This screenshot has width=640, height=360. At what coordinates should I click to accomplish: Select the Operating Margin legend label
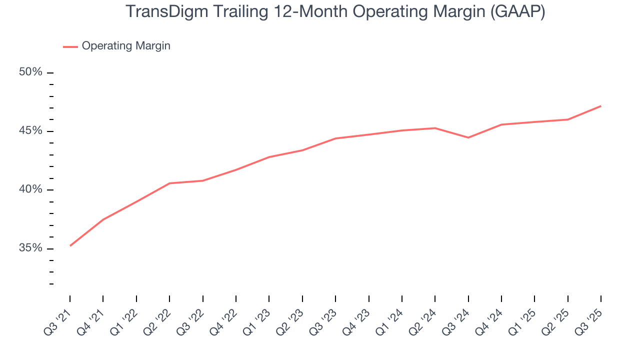[126, 46]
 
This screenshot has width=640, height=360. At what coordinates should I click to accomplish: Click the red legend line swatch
[70, 46]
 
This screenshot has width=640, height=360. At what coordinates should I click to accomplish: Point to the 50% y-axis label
[30, 72]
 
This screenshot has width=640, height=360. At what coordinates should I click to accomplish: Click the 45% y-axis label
[30, 131]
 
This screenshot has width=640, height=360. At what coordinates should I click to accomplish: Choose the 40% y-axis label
[30, 189]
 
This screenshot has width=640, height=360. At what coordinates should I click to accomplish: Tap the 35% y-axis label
[30, 248]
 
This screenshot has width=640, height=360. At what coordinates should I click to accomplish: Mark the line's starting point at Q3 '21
[70, 245]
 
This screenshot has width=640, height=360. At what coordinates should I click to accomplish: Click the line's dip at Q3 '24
[468, 137]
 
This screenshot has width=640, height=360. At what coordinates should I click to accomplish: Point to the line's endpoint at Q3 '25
[600, 106]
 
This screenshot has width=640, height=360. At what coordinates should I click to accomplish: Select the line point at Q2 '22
[169, 183]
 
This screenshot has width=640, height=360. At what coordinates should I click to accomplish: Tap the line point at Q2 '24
[435, 128]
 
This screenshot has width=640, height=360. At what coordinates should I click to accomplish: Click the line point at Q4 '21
[103, 219]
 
